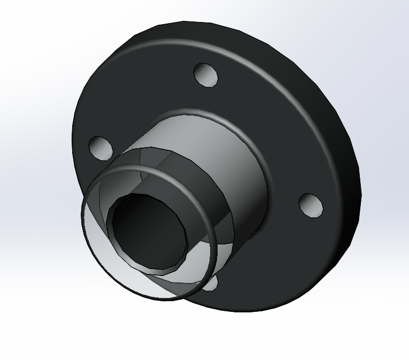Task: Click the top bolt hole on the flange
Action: coord(206,74)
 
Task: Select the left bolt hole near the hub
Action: coord(100,147)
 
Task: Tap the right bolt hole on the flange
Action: coord(311,205)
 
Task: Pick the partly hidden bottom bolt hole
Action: coord(212,284)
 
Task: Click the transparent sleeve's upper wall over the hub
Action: coord(160,155)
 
